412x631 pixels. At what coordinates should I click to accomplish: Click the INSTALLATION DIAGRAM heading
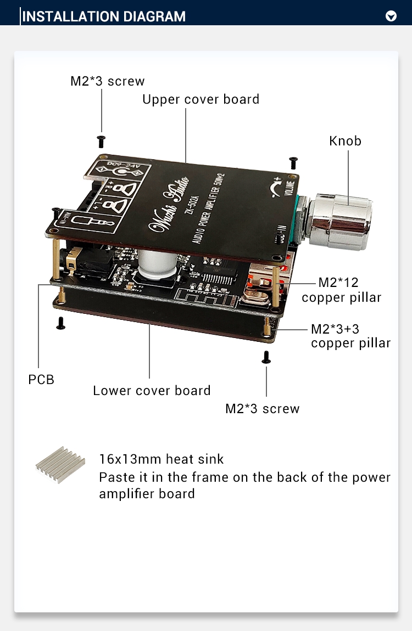pos(104,16)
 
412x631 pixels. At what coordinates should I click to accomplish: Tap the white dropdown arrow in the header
pos(391,16)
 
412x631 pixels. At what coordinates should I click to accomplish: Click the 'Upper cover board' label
pos(201,99)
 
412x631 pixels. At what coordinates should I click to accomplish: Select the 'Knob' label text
pos(345,141)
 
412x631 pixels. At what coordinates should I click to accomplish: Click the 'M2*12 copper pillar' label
pos(341,290)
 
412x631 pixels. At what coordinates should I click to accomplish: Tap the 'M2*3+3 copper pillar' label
pos(350,336)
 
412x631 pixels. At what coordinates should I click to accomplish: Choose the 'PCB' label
pos(41,379)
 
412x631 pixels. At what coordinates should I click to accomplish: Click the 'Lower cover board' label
pos(152,391)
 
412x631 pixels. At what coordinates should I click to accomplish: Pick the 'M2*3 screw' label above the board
pos(107,81)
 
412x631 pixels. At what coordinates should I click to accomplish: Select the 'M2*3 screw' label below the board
pos(263,409)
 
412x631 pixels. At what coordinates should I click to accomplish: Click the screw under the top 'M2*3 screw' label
pos(101,142)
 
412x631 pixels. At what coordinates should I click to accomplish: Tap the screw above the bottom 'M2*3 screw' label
pos(266,357)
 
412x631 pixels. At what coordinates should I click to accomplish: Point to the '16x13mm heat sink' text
pos(162,459)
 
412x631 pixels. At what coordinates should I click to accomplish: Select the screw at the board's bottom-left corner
pos(61,324)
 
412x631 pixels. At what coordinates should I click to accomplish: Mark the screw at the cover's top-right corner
pos(293,162)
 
